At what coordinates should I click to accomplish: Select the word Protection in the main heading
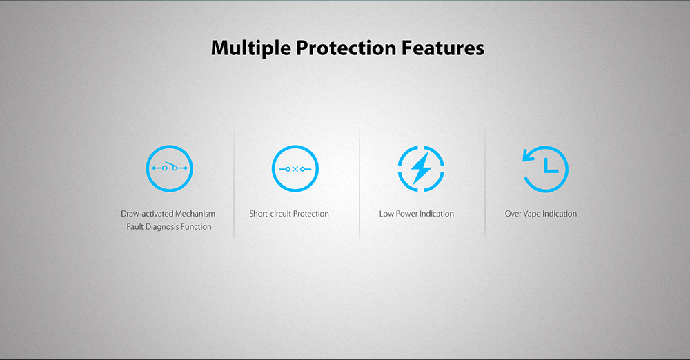click(x=346, y=48)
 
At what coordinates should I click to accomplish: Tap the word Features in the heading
click(x=443, y=48)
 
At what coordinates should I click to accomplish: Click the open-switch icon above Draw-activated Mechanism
click(x=170, y=168)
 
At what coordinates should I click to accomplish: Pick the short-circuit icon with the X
click(x=295, y=168)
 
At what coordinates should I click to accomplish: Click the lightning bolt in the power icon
click(x=421, y=168)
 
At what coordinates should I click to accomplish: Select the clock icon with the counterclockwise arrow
click(x=545, y=168)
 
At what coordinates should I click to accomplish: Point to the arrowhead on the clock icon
click(x=528, y=155)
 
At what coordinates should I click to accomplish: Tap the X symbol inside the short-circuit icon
click(x=295, y=169)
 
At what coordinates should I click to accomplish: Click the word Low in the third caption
click(x=386, y=214)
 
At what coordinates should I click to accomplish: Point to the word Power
click(x=406, y=214)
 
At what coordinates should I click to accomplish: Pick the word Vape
click(x=531, y=214)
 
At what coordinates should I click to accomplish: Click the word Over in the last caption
click(x=513, y=214)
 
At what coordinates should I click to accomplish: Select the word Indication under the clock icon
click(x=560, y=214)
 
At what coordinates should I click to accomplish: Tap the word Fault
click(x=135, y=227)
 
